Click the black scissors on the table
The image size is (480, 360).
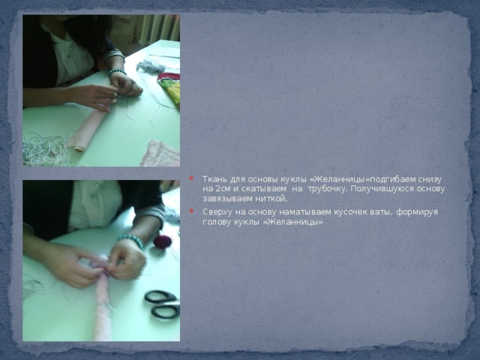click(x=162, y=304)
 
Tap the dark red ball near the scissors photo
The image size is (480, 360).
click(x=163, y=241)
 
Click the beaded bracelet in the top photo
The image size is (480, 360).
click(x=117, y=72)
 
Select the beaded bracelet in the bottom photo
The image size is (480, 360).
click(x=130, y=240)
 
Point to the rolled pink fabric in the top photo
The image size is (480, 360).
click(x=87, y=127)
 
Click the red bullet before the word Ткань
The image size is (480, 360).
click(x=192, y=178)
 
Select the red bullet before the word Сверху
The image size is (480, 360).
click(x=192, y=211)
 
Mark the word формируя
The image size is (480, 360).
click(x=417, y=212)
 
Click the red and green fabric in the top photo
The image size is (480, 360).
click(x=169, y=88)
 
